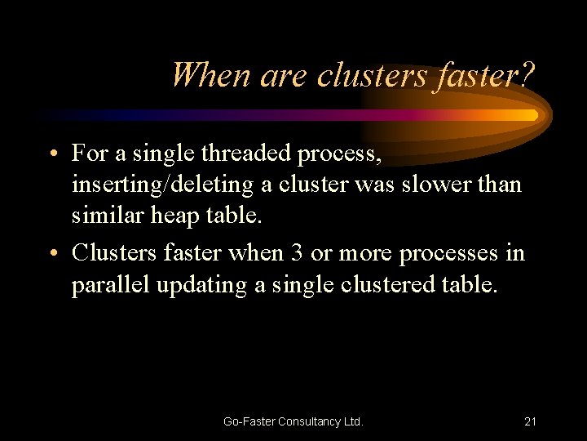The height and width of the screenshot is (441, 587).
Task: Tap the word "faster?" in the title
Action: click(x=485, y=76)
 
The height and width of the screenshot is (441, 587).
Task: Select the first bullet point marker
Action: click(x=52, y=153)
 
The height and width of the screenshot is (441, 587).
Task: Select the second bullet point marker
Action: click(x=52, y=253)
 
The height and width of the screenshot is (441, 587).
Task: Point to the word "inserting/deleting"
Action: click(x=163, y=185)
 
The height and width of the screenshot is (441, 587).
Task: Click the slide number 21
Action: click(x=530, y=421)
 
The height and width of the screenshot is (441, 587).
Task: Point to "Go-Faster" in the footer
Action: click(x=248, y=421)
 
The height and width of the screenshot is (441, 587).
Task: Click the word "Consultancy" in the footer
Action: click(x=309, y=421)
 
